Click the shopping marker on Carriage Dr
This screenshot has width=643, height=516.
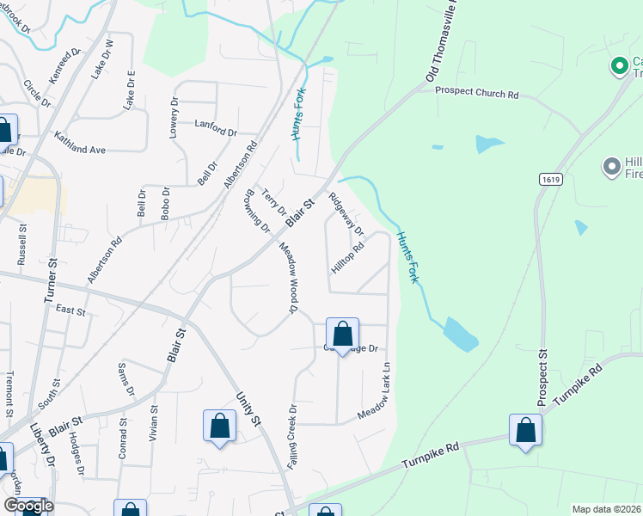click(342, 335)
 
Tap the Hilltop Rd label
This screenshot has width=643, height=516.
click(349, 256)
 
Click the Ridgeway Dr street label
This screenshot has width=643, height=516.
click(346, 214)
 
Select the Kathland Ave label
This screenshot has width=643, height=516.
click(79, 143)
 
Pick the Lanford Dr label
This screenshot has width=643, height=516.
click(216, 127)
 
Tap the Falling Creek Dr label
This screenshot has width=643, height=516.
click(292, 436)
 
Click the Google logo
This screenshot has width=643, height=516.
click(29, 506)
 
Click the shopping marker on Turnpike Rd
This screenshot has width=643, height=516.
click(525, 431)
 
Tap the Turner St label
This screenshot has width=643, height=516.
click(49, 280)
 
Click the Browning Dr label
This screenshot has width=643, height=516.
click(259, 212)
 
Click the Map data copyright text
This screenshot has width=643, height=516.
click(607, 509)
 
